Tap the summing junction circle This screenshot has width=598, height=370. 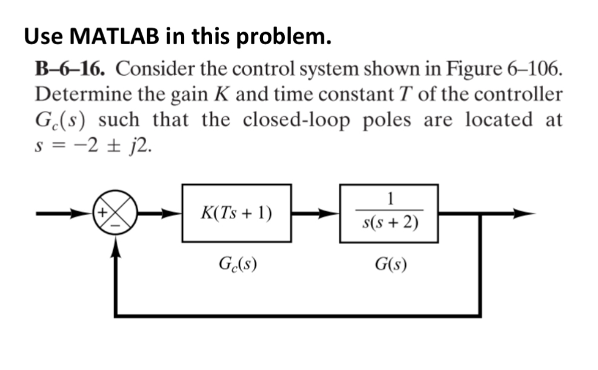click(116, 214)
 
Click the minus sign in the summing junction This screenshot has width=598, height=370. click(116, 225)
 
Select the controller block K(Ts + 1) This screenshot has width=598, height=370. click(236, 213)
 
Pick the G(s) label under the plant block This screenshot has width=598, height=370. click(391, 264)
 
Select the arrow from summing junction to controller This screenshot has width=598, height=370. click(161, 214)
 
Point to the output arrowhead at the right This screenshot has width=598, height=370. click(527, 214)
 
